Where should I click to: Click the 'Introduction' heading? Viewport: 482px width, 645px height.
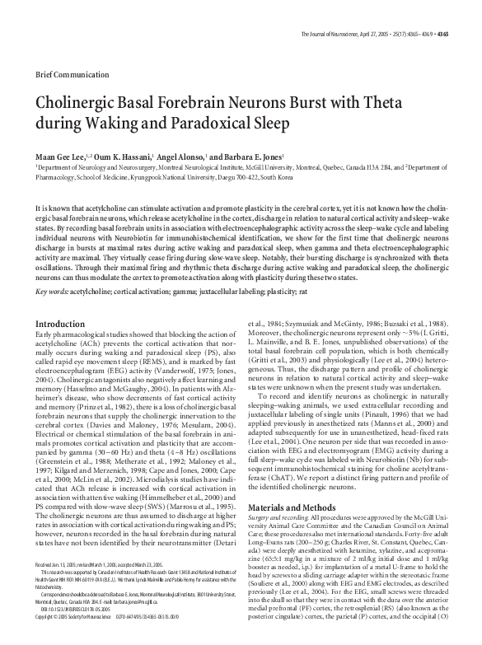pos(59,301)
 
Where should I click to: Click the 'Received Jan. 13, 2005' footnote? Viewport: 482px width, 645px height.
pos(58,585)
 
